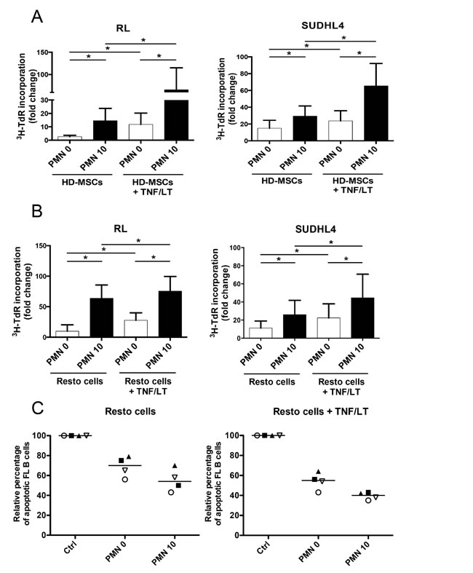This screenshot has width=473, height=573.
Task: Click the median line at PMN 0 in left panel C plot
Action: click(x=124, y=465)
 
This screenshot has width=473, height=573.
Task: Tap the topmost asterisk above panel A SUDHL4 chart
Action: click(x=343, y=38)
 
